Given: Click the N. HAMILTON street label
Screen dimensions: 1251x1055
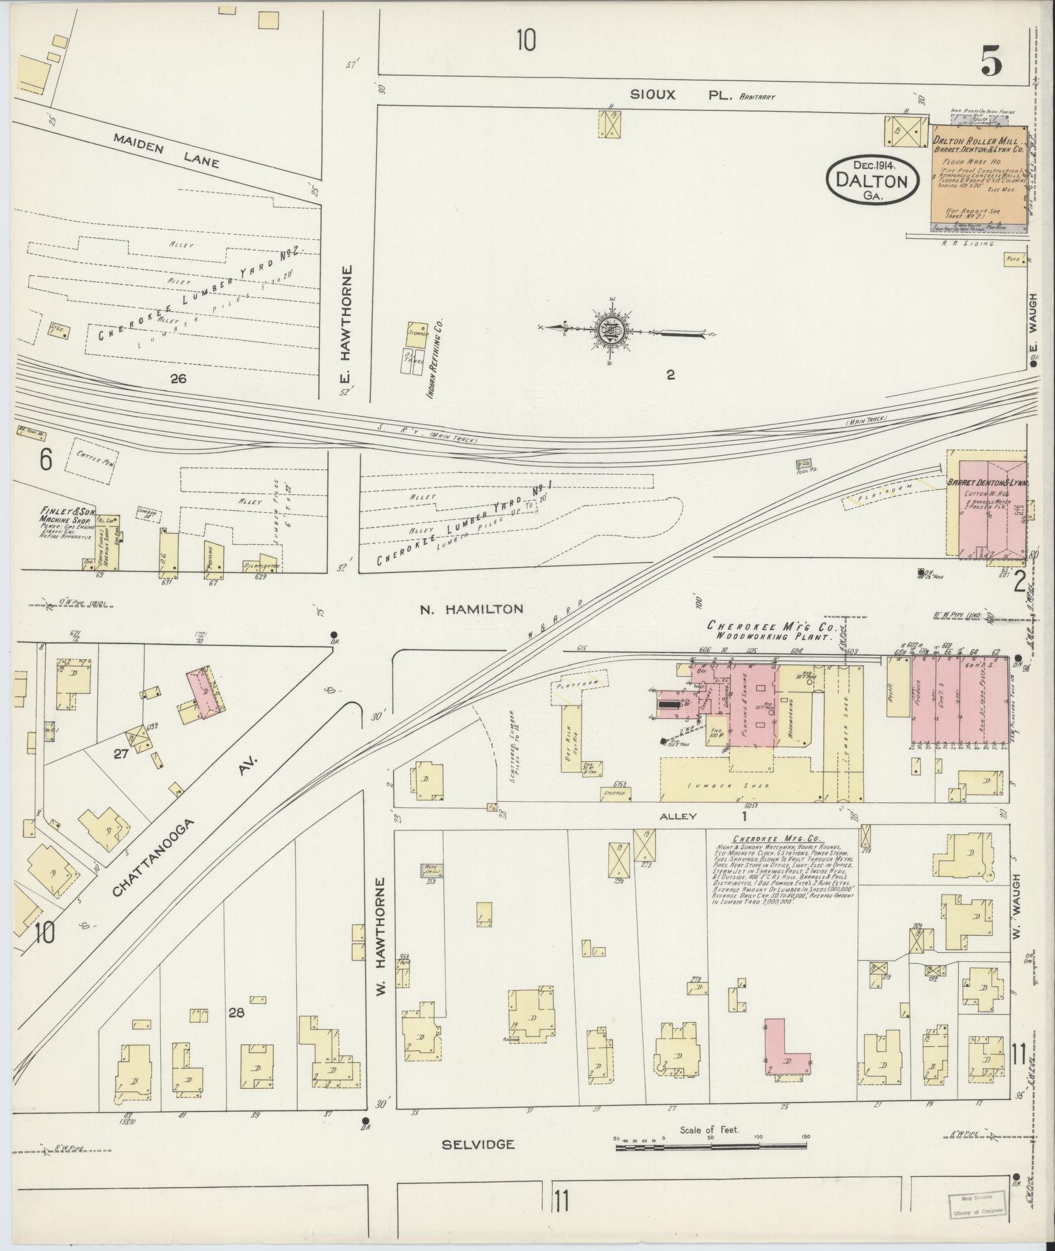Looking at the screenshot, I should pos(471,609).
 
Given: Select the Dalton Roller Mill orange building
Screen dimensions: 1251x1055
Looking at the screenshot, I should pos(978,178).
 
